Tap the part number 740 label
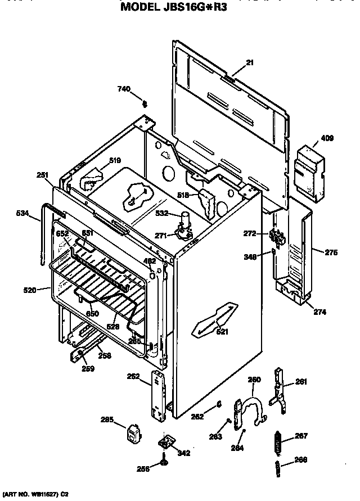tap(123, 89)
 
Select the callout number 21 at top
tap(250, 62)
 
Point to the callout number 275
tap(331, 253)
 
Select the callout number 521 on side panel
tap(223, 332)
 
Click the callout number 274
tap(319, 312)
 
